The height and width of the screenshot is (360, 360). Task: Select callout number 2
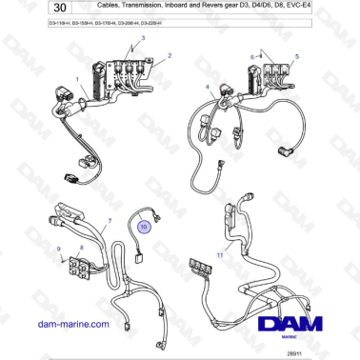pos(170,57)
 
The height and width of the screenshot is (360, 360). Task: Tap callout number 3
pos(145,37)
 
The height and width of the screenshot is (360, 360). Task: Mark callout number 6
pos(252,57)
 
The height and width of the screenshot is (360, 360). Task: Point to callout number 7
pos(110,219)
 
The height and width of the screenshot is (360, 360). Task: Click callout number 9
pos(59,249)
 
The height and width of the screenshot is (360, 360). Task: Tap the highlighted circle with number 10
pos(144,228)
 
